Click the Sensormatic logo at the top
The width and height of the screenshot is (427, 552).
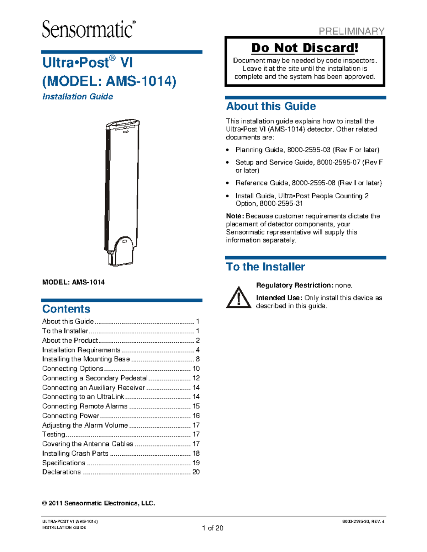(x=89, y=29)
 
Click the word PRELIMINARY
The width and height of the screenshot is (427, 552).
(x=351, y=31)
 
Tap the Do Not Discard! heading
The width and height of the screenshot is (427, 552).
(x=305, y=48)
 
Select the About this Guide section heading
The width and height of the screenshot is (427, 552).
(x=271, y=106)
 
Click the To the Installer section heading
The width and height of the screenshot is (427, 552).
(x=265, y=267)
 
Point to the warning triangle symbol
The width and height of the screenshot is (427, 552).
(x=239, y=298)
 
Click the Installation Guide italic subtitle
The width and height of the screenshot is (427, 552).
(x=78, y=97)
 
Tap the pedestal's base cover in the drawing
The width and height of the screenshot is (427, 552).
(x=123, y=251)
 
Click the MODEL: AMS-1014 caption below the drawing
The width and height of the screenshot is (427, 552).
(x=73, y=282)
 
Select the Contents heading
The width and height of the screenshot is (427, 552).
(x=66, y=309)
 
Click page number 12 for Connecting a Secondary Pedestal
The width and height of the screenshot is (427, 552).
(x=196, y=378)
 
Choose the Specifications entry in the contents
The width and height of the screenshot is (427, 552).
(x=64, y=463)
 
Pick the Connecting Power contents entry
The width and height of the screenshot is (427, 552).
(x=70, y=416)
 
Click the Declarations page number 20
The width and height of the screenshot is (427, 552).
(x=196, y=472)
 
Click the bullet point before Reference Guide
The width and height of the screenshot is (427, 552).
(x=228, y=183)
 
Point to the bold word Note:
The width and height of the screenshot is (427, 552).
(x=235, y=216)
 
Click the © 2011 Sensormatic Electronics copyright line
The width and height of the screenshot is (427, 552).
(x=99, y=503)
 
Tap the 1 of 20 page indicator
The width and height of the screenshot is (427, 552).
(x=212, y=528)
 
